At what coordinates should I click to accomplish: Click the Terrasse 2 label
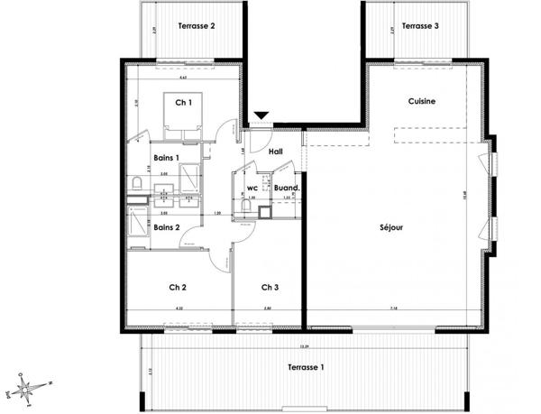point(196,26)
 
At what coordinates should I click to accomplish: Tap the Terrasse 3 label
point(420,26)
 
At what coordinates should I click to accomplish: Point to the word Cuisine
point(421,102)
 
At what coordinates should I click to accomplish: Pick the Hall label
point(276,152)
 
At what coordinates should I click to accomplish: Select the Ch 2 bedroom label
point(178,288)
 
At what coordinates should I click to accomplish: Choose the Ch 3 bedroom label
point(270,288)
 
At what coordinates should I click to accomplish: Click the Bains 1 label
point(166,158)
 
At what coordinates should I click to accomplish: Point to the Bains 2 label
point(166,227)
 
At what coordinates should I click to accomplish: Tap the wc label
point(252,189)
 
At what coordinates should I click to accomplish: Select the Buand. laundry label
point(286,189)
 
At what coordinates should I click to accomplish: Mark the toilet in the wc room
point(245,206)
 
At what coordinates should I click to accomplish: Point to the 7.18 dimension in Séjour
point(394,309)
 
